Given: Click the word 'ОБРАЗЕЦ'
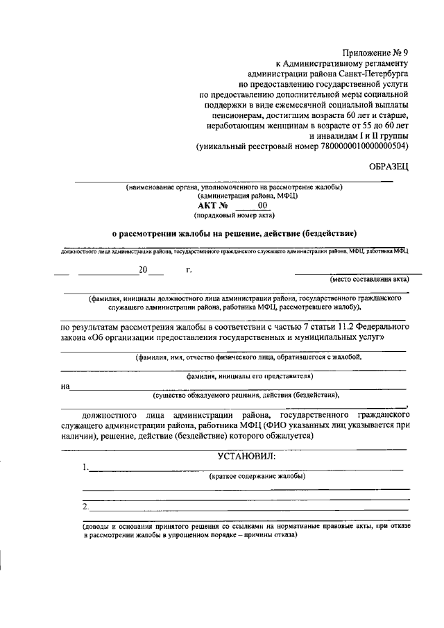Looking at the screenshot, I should [x=388, y=167].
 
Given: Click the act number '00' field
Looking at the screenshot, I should [x=262, y=206].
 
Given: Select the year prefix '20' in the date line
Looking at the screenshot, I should [x=143, y=270].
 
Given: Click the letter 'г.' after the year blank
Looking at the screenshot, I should [x=189, y=270].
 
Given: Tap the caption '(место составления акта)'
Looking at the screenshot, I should [x=370, y=280].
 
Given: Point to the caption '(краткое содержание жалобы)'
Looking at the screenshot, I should [x=257, y=477].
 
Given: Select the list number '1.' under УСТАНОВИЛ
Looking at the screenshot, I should [x=85, y=467].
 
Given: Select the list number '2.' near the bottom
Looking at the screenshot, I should [x=85, y=507].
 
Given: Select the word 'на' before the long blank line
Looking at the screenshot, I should [x=66, y=386].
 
